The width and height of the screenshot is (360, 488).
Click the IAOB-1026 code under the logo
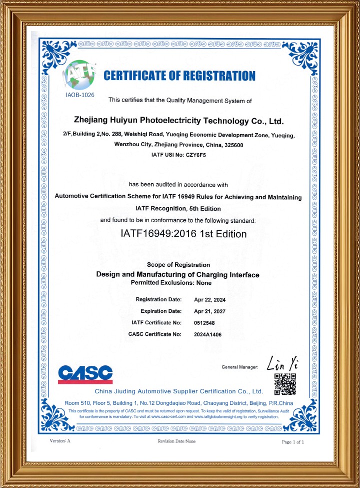click(80, 94)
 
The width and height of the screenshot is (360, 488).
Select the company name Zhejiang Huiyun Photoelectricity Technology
click(178, 121)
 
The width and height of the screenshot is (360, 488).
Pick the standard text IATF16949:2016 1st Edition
click(184, 234)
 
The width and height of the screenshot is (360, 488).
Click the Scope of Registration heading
click(178, 265)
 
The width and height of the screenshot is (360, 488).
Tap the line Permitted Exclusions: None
click(171, 283)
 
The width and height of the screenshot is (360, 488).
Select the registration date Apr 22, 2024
click(210, 300)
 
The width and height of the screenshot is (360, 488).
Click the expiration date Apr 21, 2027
click(210, 311)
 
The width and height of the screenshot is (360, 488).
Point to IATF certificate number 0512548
click(204, 322)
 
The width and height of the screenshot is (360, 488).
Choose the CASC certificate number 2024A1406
click(207, 334)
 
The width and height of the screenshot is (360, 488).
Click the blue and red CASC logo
click(85, 374)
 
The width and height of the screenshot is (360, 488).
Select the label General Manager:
click(239, 368)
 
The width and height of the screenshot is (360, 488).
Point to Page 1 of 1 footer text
click(293, 442)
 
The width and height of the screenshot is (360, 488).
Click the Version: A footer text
click(60, 441)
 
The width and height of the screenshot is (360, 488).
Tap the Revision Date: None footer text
click(177, 441)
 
